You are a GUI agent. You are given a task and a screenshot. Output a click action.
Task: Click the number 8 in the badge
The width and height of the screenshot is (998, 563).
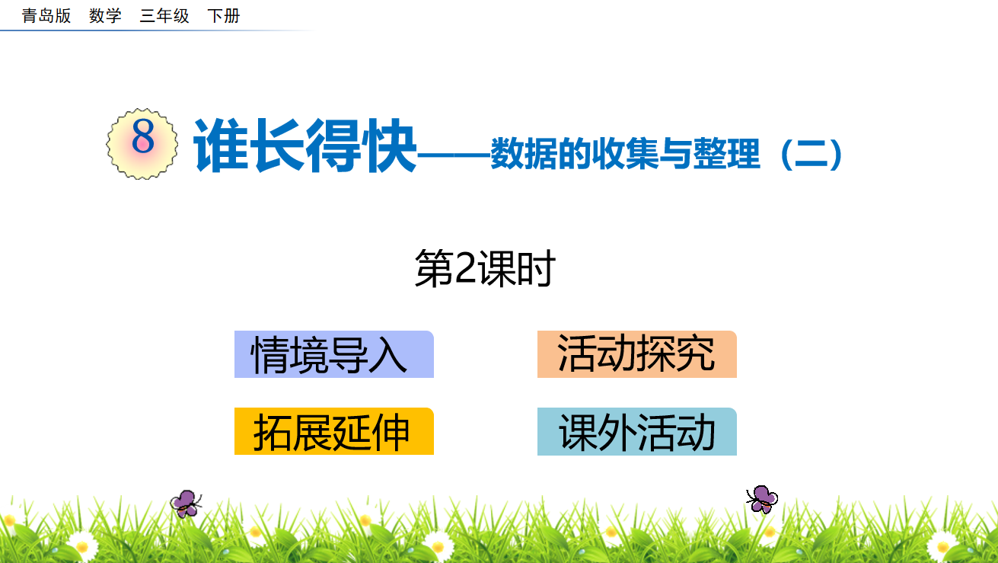click(143, 136)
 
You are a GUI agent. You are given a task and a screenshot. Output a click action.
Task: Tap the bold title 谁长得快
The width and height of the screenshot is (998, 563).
click(305, 146)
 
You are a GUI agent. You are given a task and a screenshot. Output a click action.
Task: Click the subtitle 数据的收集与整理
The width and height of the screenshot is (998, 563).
click(625, 154)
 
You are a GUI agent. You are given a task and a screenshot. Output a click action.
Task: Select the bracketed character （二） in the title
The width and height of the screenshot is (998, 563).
click(811, 154)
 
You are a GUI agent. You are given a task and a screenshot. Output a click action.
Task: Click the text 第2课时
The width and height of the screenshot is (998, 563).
click(485, 268)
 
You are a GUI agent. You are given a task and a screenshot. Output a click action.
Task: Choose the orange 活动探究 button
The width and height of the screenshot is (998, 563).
click(636, 354)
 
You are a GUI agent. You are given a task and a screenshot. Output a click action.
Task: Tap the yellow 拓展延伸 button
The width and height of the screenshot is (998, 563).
click(333, 431)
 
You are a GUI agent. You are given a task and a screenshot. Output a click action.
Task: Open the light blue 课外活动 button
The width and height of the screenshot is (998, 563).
click(636, 431)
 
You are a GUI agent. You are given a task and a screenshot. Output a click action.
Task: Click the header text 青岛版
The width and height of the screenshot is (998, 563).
click(46, 16)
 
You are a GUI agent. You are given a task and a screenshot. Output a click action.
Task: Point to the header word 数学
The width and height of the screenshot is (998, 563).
click(105, 16)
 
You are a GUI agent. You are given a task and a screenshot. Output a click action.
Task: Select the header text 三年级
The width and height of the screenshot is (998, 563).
click(164, 16)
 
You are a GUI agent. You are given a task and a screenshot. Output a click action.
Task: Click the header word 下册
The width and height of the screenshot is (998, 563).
click(224, 16)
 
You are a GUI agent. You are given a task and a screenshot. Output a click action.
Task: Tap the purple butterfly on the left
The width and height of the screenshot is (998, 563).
click(187, 504)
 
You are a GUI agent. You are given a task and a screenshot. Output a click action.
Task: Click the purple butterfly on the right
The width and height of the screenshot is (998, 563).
click(762, 499)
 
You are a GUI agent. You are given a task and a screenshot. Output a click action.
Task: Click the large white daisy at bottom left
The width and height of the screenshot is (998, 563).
click(82, 545)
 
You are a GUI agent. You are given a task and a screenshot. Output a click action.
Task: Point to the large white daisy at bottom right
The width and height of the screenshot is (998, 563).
click(942, 545)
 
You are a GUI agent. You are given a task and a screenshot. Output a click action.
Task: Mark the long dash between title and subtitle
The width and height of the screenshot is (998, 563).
click(454, 155)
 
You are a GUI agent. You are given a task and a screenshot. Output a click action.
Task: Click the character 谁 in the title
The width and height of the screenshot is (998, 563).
click(221, 146)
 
